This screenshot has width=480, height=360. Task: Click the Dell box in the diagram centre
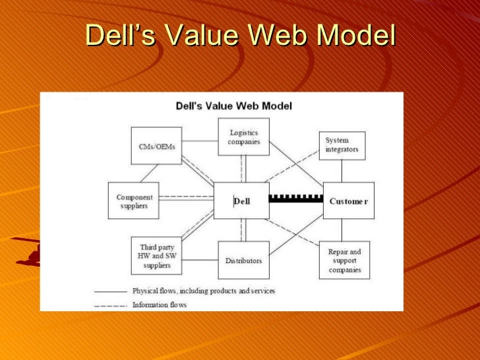[x=242, y=201]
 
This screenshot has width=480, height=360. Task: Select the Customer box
[x=349, y=201]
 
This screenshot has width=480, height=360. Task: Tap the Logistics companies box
[x=244, y=137]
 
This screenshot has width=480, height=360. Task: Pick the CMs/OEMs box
[x=157, y=146]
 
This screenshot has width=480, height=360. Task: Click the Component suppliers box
[x=134, y=201]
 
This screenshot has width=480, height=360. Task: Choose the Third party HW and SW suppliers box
[x=156, y=256]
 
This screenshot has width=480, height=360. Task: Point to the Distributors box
[x=243, y=260]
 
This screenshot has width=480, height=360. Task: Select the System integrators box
[x=342, y=145]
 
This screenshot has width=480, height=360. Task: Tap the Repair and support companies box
[x=344, y=260]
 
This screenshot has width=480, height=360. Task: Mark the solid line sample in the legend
[x=110, y=291]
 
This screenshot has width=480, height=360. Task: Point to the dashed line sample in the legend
[x=110, y=305]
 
